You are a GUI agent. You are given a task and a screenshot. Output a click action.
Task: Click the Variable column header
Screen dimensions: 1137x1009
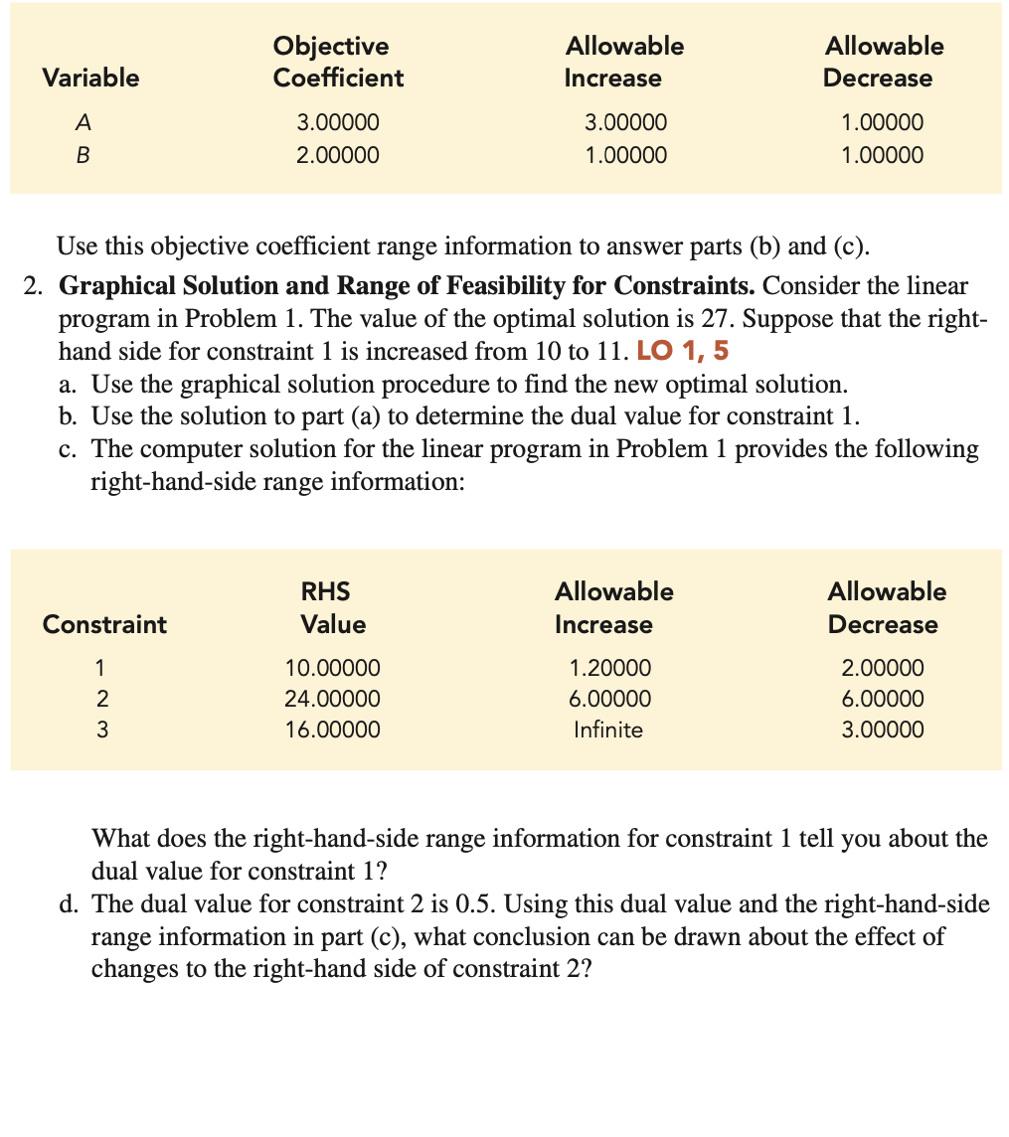90,78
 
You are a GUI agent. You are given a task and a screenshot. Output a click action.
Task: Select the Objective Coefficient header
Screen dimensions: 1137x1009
338,62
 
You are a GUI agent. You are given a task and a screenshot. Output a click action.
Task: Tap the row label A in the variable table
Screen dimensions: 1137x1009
84,123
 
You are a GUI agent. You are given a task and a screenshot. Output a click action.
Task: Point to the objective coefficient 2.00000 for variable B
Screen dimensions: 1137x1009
338,155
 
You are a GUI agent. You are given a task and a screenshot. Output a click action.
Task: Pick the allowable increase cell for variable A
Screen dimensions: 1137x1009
625,123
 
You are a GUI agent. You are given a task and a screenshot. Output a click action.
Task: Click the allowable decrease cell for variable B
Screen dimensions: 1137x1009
882,155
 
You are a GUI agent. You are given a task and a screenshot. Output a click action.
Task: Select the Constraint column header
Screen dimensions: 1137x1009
104,624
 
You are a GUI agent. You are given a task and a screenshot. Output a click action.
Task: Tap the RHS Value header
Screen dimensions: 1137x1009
332,608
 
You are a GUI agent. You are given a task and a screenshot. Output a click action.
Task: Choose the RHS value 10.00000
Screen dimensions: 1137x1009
332,667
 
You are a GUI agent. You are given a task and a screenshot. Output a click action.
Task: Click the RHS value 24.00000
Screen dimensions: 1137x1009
332,699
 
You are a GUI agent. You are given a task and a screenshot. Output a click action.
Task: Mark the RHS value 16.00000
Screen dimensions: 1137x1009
332,731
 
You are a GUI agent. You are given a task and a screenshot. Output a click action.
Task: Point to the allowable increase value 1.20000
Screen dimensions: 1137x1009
610,667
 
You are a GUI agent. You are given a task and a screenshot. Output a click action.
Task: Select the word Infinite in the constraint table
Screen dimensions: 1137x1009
608,731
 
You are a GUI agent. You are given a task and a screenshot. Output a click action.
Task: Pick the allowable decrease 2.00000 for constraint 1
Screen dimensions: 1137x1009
882,667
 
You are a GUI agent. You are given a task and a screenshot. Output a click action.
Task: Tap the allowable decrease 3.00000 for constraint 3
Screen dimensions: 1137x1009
882,731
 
